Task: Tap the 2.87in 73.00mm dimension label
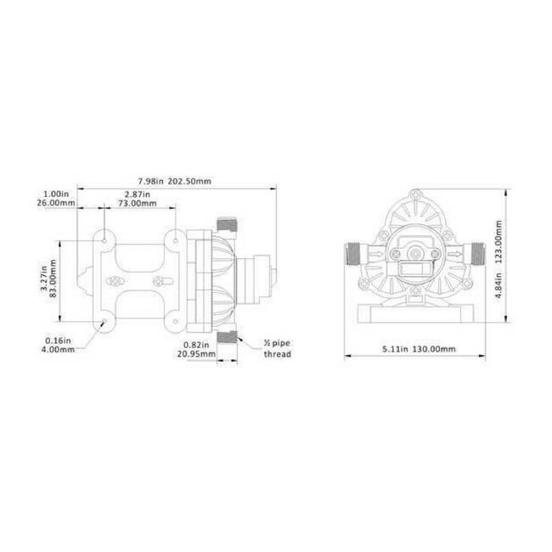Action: click(x=136, y=198)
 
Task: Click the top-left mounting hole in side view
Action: click(x=104, y=240)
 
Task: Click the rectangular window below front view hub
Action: click(x=415, y=273)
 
